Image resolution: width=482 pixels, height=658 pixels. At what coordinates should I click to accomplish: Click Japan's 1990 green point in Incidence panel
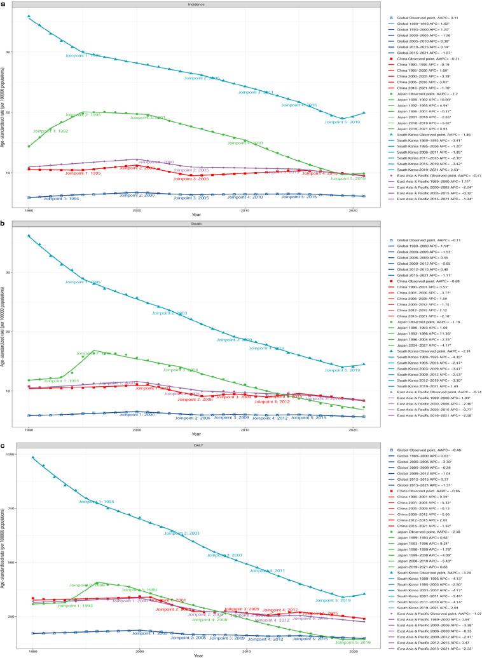point(29,146)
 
